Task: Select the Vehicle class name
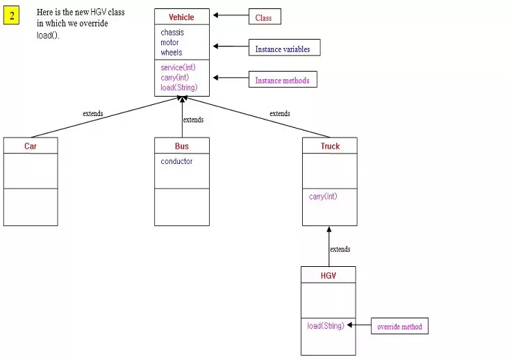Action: pos(181,17)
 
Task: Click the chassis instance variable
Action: pos(172,33)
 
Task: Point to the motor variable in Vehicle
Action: pos(169,42)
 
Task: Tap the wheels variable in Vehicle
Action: pos(171,52)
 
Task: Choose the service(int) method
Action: pos(178,67)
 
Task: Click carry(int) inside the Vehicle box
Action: pos(175,77)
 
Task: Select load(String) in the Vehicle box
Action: pos(179,88)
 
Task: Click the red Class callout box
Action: pos(264,17)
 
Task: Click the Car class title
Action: pos(31,146)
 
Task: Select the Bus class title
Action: pos(181,146)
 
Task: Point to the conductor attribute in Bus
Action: pos(176,161)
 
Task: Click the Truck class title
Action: pos(330,146)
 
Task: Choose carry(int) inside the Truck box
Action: pos(323,197)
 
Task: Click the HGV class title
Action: pos(328,275)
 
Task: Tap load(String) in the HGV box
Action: pos(326,325)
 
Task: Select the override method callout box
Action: pos(399,327)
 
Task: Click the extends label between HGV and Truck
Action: pos(340,249)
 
